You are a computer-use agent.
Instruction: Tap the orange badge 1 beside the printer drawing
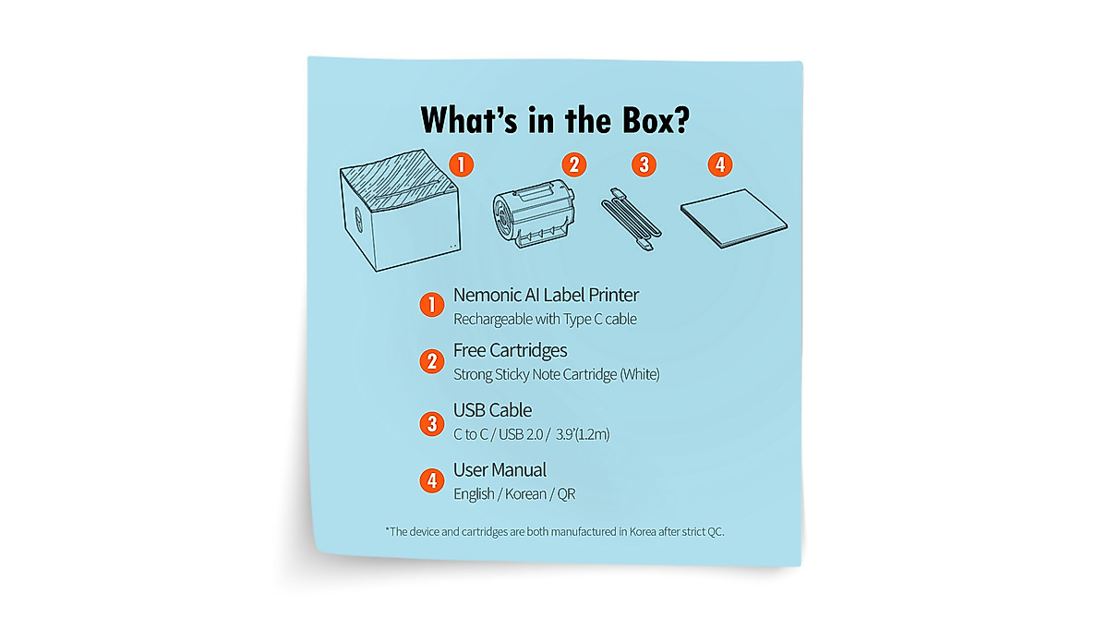tap(461, 165)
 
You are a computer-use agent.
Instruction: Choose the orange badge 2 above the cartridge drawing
tap(574, 165)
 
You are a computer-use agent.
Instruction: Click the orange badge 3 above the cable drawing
tap(644, 165)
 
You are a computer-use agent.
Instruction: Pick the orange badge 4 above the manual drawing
tap(720, 165)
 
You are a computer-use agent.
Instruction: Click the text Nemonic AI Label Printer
tap(546, 296)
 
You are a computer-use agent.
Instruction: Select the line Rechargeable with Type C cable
tap(545, 320)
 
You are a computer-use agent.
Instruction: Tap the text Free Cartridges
tap(510, 351)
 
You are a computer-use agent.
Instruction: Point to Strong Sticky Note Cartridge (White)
tap(556, 375)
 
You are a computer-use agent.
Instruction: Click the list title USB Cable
tap(492, 410)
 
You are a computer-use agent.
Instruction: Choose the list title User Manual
tap(500, 470)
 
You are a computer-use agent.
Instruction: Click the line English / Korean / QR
tap(513, 494)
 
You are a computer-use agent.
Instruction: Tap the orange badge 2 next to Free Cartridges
tap(432, 361)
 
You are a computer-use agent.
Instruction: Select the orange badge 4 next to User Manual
tap(432, 480)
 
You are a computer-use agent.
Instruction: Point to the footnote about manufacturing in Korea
tap(561, 531)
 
